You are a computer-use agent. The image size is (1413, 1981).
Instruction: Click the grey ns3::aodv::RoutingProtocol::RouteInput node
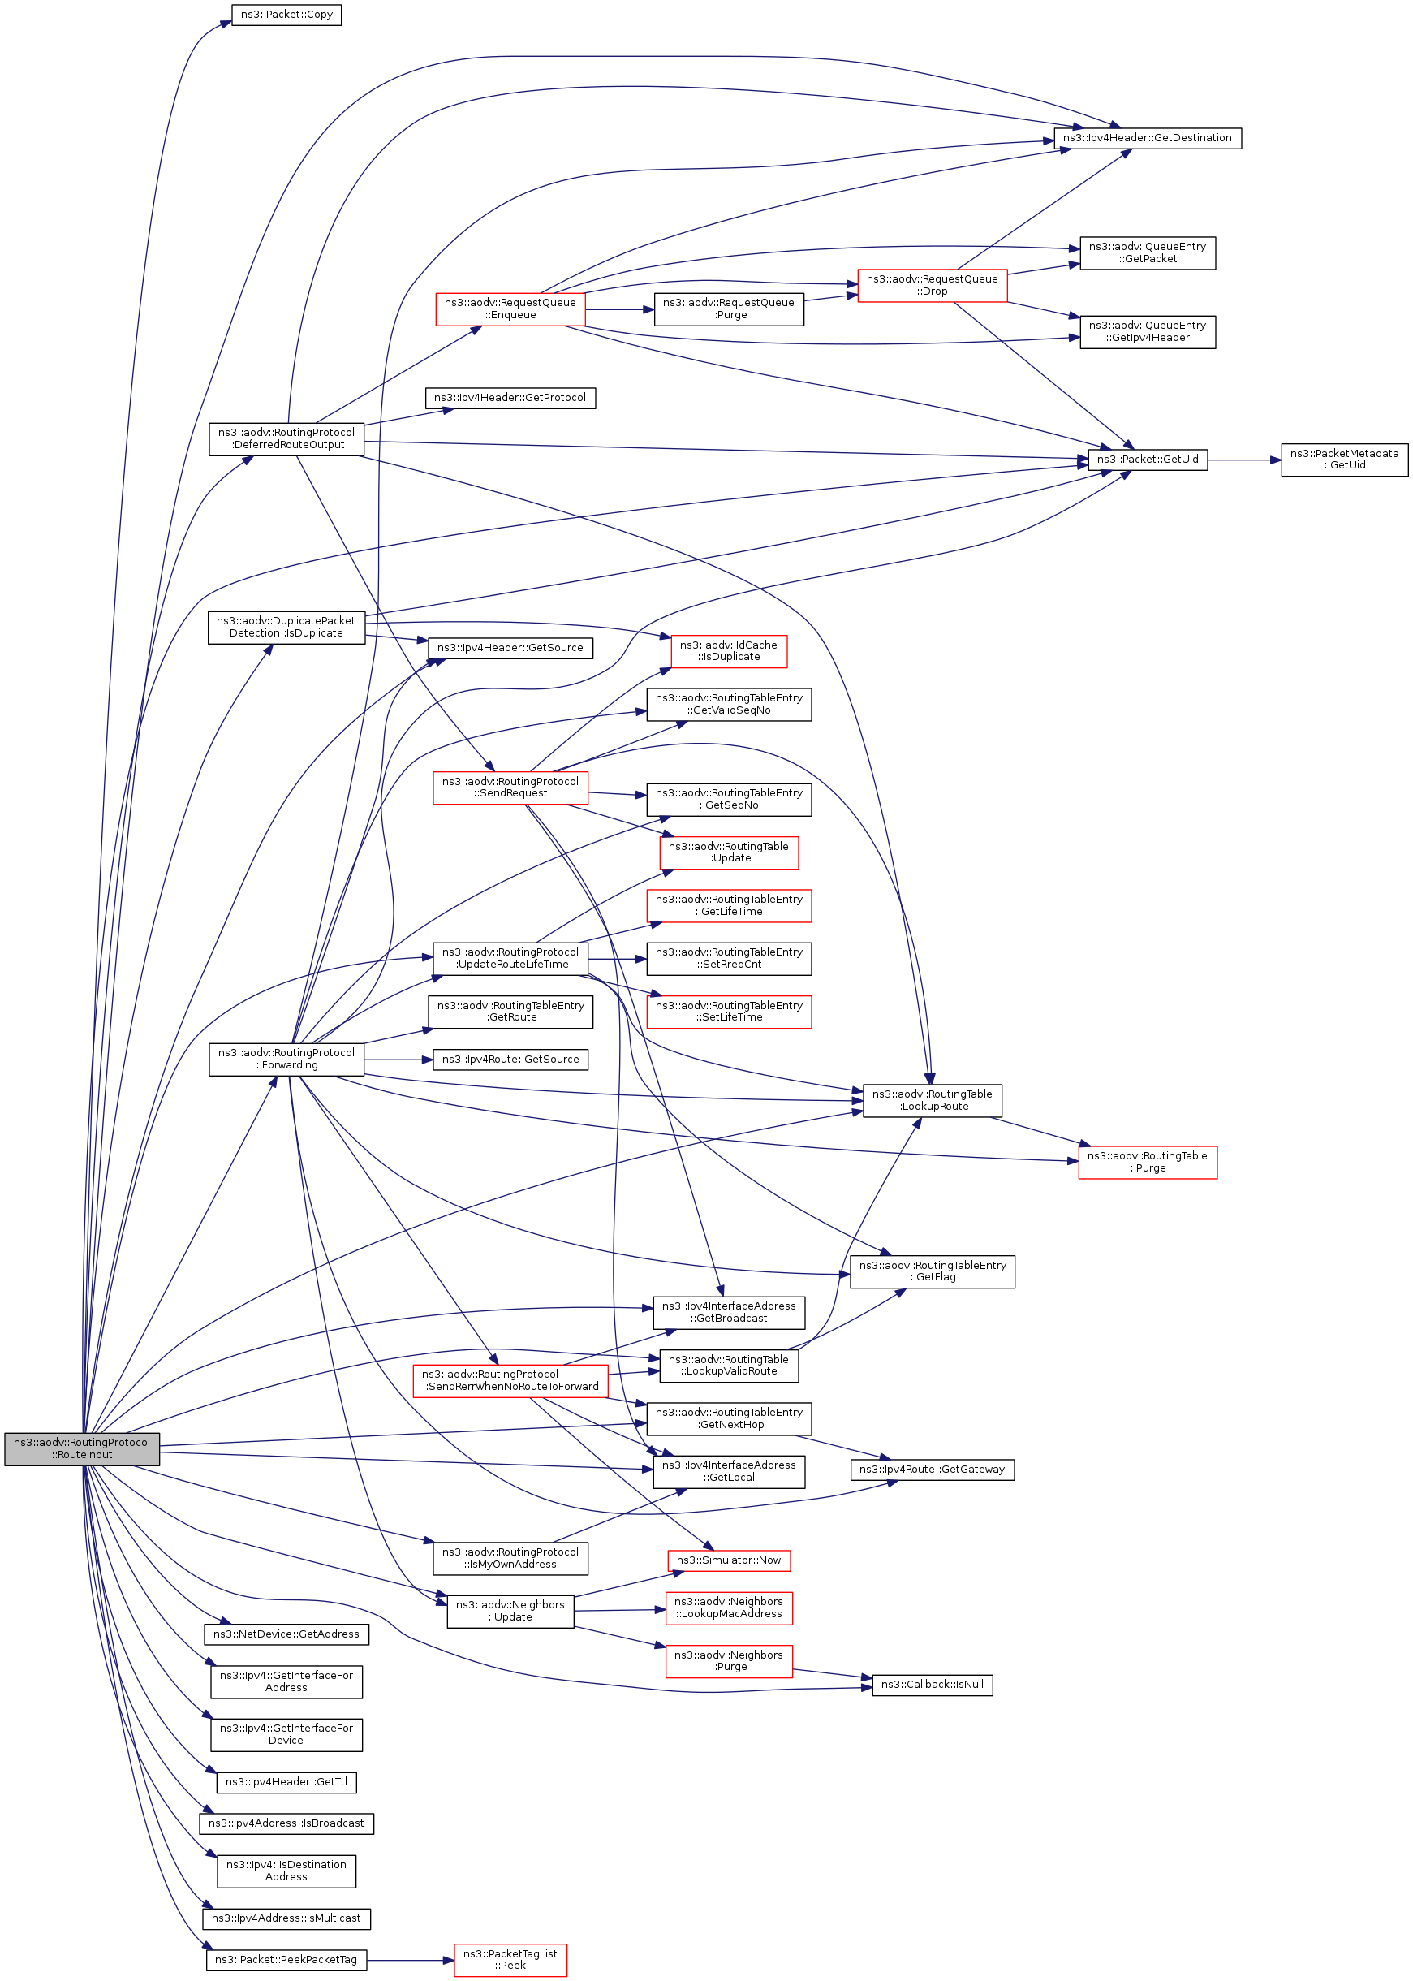[x=82, y=1448]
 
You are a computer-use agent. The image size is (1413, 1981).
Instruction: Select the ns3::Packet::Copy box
[x=286, y=15]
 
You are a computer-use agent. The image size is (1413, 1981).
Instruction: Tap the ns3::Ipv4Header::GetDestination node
[x=1147, y=138]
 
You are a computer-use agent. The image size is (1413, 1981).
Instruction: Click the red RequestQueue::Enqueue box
[x=510, y=309]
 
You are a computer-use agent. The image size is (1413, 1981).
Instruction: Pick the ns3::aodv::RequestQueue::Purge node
[x=728, y=309]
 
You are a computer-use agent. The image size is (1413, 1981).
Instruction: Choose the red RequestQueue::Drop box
[x=932, y=286]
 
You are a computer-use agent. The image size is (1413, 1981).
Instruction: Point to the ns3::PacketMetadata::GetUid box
[x=1343, y=460]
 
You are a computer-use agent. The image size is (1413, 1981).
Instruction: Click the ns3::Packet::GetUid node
[x=1147, y=460]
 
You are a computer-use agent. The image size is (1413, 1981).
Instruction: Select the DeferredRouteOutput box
[x=286, y=438]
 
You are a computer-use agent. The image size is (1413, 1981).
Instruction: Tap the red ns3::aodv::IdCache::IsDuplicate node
[x=728, y=651]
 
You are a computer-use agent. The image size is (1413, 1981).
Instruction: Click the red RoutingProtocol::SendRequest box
[x=510, y=788]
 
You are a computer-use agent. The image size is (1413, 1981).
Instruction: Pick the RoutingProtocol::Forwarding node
[x=286, y=1060]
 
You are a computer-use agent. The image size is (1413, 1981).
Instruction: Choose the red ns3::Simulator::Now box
[x=728, y=1560]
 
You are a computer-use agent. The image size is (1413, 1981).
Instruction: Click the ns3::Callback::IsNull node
[x=932, y=1685]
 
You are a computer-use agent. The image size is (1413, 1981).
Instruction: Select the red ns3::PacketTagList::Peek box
[x=510, y=1960]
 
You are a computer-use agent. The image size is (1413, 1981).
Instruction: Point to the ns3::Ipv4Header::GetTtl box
[x=286, y=1783]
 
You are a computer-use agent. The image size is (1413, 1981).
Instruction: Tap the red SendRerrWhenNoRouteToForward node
[x=510, y=1380]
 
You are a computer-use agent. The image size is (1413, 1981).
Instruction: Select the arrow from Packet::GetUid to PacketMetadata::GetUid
[x=1244, y=460]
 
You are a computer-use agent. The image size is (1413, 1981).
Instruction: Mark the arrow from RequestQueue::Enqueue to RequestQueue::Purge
[x=619, y=309]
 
